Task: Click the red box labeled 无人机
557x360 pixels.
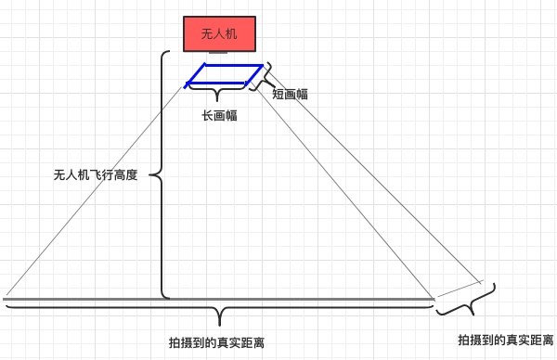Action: [x=219, y=34]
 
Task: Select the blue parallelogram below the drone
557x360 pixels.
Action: [x=225, y=75]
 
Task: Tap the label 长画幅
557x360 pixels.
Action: [x=219, y=116]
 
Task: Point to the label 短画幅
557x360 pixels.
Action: [x=290, y=94]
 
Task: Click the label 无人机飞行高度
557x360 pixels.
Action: [x=96, y=174]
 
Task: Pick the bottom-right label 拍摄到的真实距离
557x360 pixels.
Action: [x=507, y=340]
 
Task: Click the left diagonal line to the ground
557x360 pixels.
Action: [x=93, y=195]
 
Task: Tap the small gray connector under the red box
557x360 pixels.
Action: [x=219, y=54]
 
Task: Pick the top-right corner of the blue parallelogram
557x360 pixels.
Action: [x=263, y=66]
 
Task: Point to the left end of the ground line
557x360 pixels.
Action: [x=5, y=300]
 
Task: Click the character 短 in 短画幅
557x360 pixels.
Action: [x=278, y=94]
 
